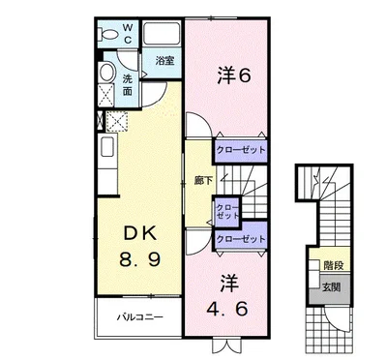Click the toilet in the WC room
point(108,35)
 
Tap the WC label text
point(128,34)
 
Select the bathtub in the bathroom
point(162,33)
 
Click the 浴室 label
point(164,60)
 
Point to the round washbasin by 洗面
point(106,73)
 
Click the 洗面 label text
point(128,85)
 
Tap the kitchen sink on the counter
point(106,146)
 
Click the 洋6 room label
point(233,75)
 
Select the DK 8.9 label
point(139,246)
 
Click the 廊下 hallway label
point(203,181)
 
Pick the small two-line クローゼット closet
point(227,211)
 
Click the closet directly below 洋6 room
point(241,150)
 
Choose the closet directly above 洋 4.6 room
point(241,238)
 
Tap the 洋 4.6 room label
point(227,296)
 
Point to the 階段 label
point(334,265)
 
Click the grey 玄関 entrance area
point(330,289)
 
